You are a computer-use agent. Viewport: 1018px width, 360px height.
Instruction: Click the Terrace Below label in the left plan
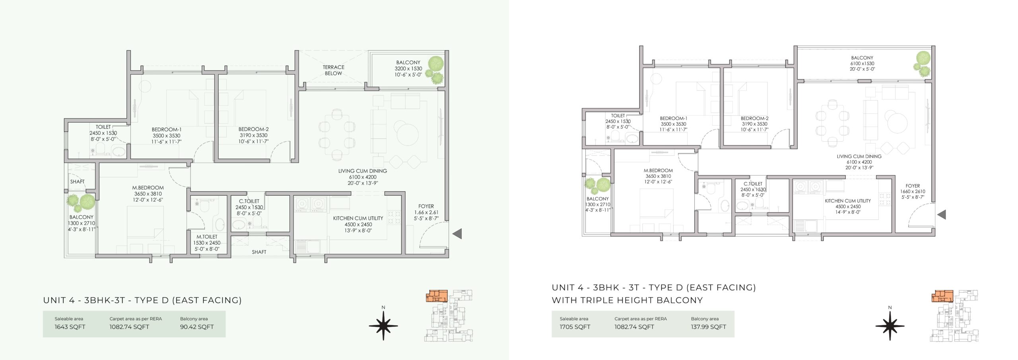(333, 70)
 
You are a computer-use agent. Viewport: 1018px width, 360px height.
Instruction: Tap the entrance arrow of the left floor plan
(457, 234)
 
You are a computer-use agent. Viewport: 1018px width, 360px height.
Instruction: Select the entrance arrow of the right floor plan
(941, 215)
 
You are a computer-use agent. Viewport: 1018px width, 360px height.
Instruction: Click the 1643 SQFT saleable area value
(70, 327)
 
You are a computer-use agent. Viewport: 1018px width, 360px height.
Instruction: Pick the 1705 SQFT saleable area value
(575, 327)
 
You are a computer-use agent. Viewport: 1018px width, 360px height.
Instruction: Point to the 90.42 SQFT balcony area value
(197, 327)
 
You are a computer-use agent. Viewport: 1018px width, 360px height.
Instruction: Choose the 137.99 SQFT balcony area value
(709, 327)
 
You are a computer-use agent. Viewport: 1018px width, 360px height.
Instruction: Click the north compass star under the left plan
(383, 326)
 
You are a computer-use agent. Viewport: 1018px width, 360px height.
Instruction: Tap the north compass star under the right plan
(890, 326)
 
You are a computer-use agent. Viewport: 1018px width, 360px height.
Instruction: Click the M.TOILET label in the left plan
(207, 237)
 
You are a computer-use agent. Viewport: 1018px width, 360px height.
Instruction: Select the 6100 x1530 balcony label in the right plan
(862, 63)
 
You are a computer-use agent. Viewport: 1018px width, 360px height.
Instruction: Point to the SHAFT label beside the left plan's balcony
(77, 182)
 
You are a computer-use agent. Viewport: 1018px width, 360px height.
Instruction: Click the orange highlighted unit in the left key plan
(437, 296)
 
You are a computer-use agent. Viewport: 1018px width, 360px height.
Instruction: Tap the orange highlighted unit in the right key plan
(943, 296)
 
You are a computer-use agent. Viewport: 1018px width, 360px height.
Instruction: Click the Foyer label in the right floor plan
(913, 186)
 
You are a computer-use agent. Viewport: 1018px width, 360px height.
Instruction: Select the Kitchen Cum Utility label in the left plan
(358, 218)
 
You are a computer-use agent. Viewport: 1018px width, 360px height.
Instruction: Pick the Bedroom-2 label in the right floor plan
(754, 118)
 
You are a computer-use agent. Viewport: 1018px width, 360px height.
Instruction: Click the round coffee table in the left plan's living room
(406, 134)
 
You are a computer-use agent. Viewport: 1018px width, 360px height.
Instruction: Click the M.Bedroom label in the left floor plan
(148, 188)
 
